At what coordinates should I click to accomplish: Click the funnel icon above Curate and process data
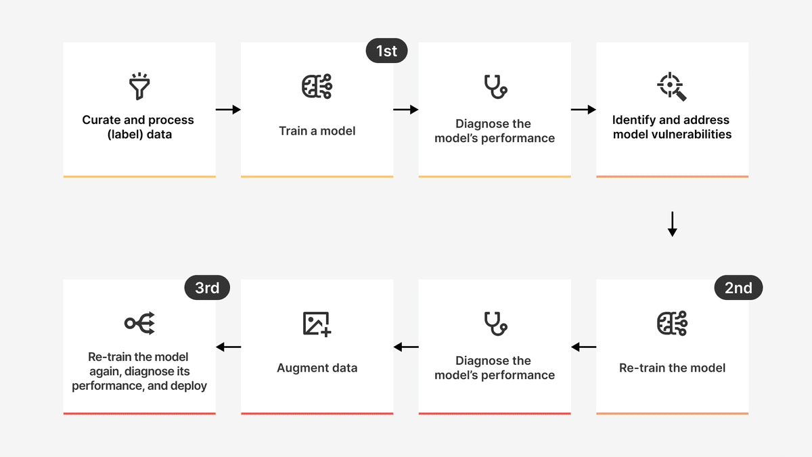pos(139,86)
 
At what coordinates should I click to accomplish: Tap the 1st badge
pos(386,51)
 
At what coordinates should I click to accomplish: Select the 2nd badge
pos(738,288)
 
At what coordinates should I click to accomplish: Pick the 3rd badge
pos(207,288)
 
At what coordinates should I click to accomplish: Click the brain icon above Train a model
pos(317,87)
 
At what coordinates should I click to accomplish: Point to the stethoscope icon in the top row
pos(495,87)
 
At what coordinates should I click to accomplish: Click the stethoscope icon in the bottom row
pos(495,324)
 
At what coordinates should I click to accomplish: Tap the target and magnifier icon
pos(672,87)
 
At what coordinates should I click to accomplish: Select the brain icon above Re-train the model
pos(672,324)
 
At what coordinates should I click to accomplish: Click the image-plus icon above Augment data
pos(317,324)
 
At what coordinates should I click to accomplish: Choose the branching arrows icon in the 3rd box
pos(139,323)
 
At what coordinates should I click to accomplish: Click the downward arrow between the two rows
pos(672,224)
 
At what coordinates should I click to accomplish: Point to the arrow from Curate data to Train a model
pos(228,110)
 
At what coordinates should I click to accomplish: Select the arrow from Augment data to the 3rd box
pos(228,347)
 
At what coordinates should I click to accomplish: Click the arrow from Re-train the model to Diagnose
pos(583,347)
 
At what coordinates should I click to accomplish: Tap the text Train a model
pos(317,131)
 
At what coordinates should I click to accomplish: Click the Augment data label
pos(317,368)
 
